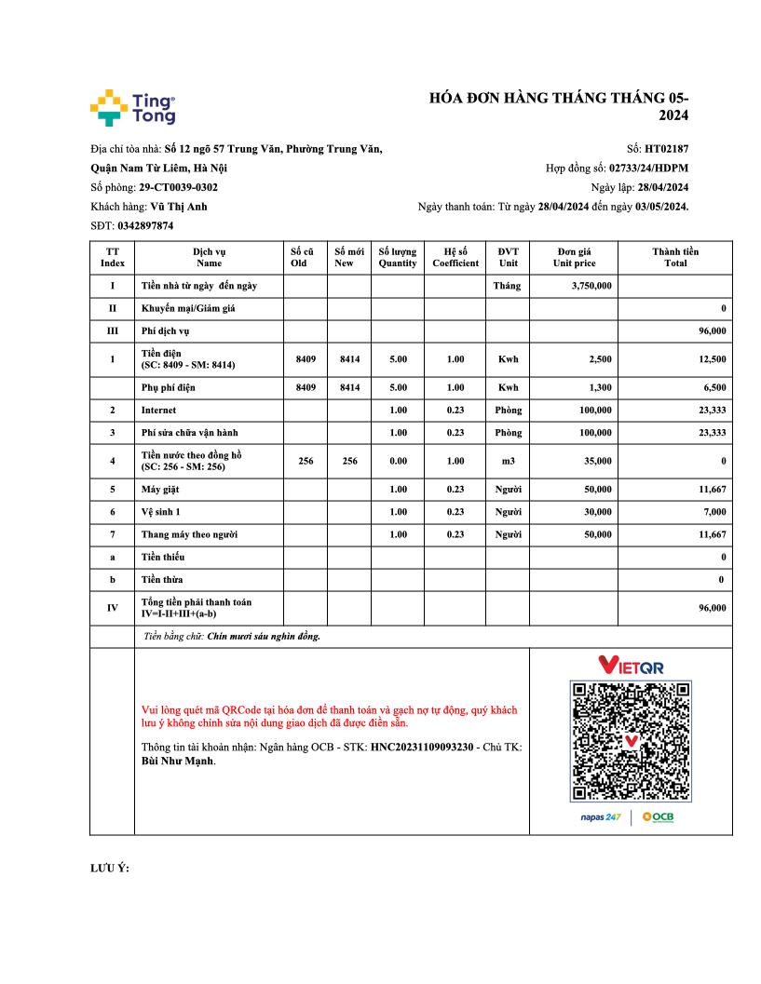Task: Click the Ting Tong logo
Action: tap(132, 107)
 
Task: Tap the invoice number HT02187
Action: tap(666, 148)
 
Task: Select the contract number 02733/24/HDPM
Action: tap(648, 168)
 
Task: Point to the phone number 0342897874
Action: tap(145, 225)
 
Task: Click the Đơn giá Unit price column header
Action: tap(574, 257)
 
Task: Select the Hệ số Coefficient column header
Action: tap(455, 257)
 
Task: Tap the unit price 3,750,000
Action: tap(591, 286)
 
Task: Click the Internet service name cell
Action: tap(158, 410)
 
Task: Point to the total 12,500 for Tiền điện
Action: tap(712, 358)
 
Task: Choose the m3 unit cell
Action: tap(508, 461)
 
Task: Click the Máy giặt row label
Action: tap(160, 489)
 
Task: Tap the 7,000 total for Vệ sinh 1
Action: tap(714, 512)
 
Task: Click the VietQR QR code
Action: tap(631, 740)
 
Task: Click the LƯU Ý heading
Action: tap(109, 868)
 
